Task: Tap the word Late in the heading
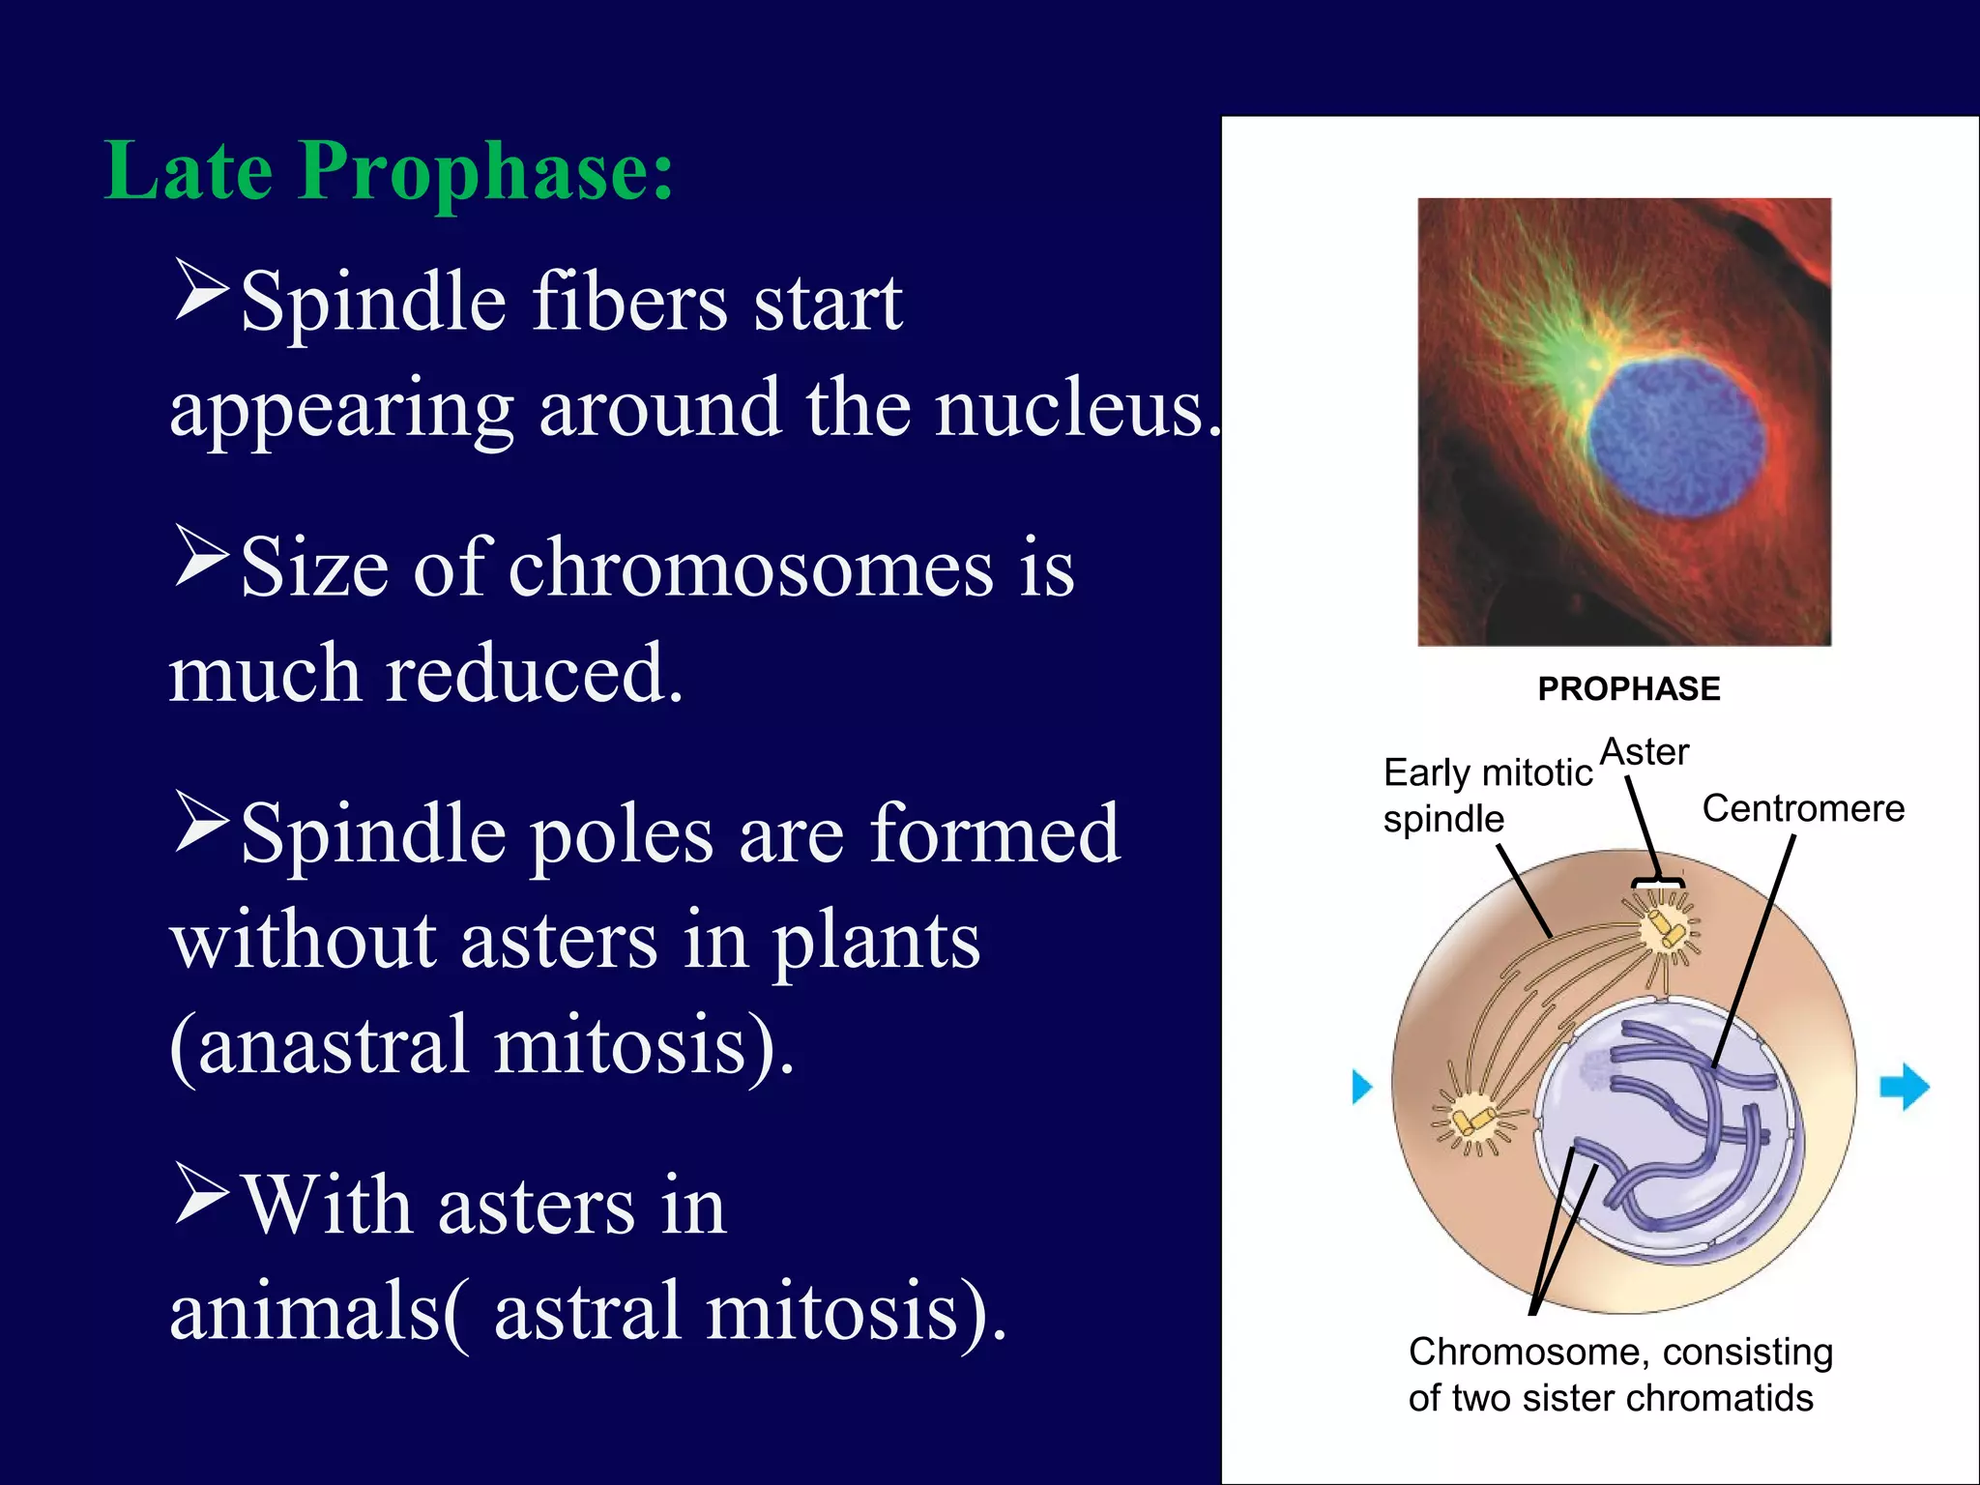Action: point(189,172)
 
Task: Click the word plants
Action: point(875,943)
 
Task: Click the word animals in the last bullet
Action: point(306,1313)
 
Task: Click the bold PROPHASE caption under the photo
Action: point(1629,689)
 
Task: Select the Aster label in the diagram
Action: point(1644,752)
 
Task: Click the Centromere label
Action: point(1803,808)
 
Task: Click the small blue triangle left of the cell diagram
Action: point(1361,1087)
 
